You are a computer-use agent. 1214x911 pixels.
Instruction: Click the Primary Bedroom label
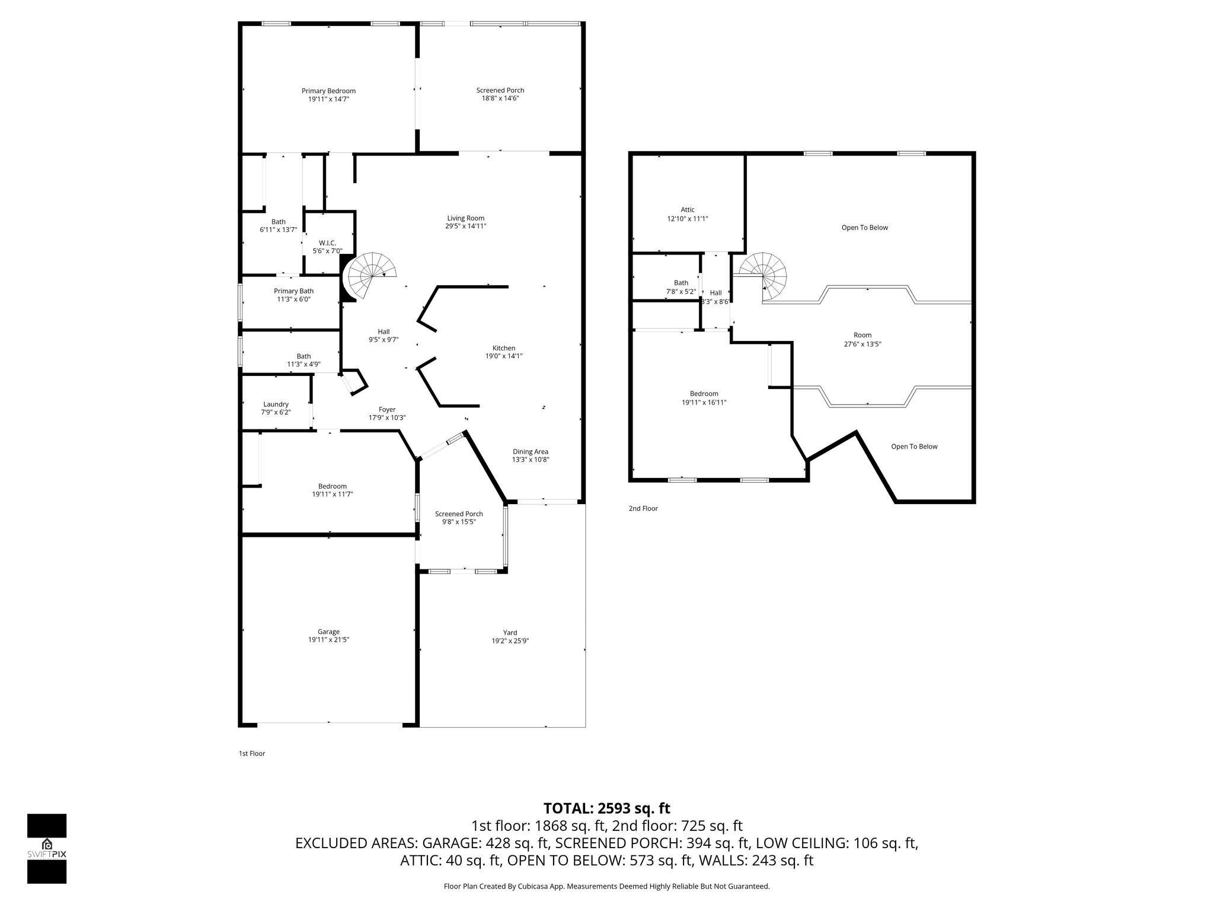tap(328, 91)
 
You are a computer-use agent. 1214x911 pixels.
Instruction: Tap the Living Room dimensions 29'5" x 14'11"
tap(465, 226)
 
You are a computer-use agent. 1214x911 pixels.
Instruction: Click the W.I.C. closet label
tap(327, 243)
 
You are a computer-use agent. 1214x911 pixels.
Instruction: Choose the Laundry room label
tap(276, 404)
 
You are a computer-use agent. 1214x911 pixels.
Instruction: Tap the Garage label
tap(328, 632)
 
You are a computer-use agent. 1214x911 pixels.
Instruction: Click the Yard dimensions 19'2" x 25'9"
tap(510, 641)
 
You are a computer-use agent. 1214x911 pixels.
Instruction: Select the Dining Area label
tap(530, 451)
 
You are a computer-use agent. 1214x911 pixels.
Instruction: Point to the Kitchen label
tap(503, 348)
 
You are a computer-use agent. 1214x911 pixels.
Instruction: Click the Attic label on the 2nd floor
tap(687, 210)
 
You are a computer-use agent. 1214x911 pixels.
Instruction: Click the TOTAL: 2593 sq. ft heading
tap(606, 808)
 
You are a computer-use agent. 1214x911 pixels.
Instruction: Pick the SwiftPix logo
tap(47, 849)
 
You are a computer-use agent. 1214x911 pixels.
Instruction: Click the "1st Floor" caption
tap(252, 753)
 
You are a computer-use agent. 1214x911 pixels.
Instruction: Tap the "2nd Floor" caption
tap(643, 508)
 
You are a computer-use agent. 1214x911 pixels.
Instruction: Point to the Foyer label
tap(386, 409)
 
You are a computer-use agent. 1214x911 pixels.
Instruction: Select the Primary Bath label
tap(293, 291)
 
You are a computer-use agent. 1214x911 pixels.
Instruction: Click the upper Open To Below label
tap(864, 228)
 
